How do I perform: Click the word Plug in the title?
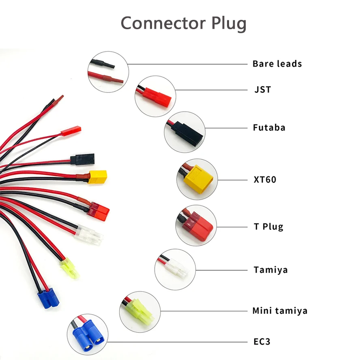click(x=229, y=24)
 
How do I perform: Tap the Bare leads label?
click(x=277, y=64)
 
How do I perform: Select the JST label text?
click(x=263, y=90)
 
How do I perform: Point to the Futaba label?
click(x=269, y=128)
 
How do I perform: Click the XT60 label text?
click(x=265, y=179)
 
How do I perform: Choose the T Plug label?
click(x=268, y=226)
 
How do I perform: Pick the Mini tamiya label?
click(x=280, y=311)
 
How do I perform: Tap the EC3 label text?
click(x=261, y=342)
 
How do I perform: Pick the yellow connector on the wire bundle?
click(x=97, y=176)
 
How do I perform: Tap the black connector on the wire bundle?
click(x=82, y=159)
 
